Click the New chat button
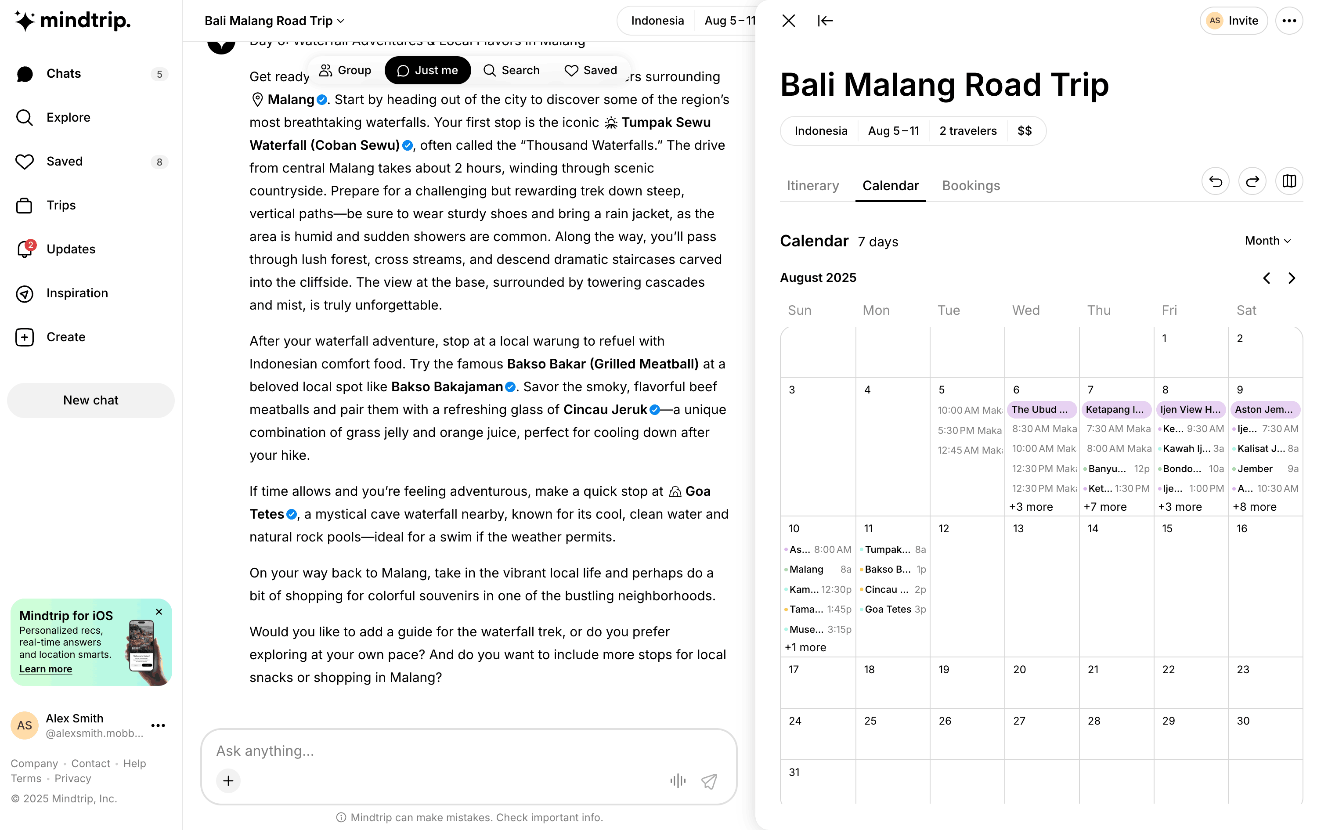tap(90, 400)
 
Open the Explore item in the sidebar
tap(68, 118)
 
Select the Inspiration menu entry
tap(77, 293)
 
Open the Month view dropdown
tap(1267, 241)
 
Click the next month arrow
tap(1292, 278)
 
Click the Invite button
tap(1233, 21)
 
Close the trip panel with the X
tap(789, 21)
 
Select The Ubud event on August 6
tap(1041, 409)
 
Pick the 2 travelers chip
tap(967, 131)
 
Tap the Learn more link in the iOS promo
tap(46, 669)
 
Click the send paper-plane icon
tap(709, 781)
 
